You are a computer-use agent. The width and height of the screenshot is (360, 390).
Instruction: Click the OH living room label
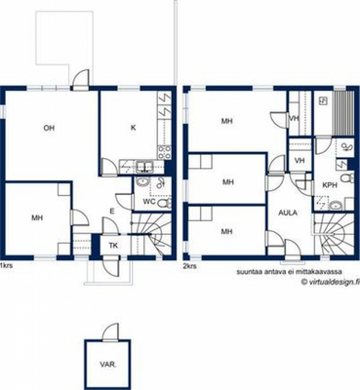49,128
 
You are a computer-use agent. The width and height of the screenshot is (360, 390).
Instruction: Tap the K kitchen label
133,128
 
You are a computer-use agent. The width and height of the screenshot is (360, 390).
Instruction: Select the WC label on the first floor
149,202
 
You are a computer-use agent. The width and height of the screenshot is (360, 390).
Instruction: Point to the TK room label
113,246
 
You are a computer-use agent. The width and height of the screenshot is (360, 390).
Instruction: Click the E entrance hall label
112,212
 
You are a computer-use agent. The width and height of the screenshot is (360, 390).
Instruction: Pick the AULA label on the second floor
288,213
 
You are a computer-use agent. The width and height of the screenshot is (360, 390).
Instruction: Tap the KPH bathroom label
330,185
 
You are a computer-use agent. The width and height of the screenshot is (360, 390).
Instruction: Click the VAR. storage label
108,365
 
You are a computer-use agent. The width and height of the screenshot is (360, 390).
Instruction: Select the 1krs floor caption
6,265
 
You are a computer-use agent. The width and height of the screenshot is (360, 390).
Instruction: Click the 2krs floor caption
190,265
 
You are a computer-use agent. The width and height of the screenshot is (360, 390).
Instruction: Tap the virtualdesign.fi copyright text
330,282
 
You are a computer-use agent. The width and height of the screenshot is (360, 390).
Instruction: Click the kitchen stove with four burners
165,152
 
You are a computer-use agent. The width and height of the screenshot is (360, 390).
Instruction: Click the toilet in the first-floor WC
165,203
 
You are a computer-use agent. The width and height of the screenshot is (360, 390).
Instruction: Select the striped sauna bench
344,113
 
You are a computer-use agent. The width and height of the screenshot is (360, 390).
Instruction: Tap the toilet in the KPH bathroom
347,177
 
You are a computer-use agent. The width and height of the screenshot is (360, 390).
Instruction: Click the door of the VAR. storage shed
111,332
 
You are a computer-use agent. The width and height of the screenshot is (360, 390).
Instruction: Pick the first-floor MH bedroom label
37,217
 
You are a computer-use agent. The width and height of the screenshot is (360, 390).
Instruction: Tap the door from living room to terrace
80,80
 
